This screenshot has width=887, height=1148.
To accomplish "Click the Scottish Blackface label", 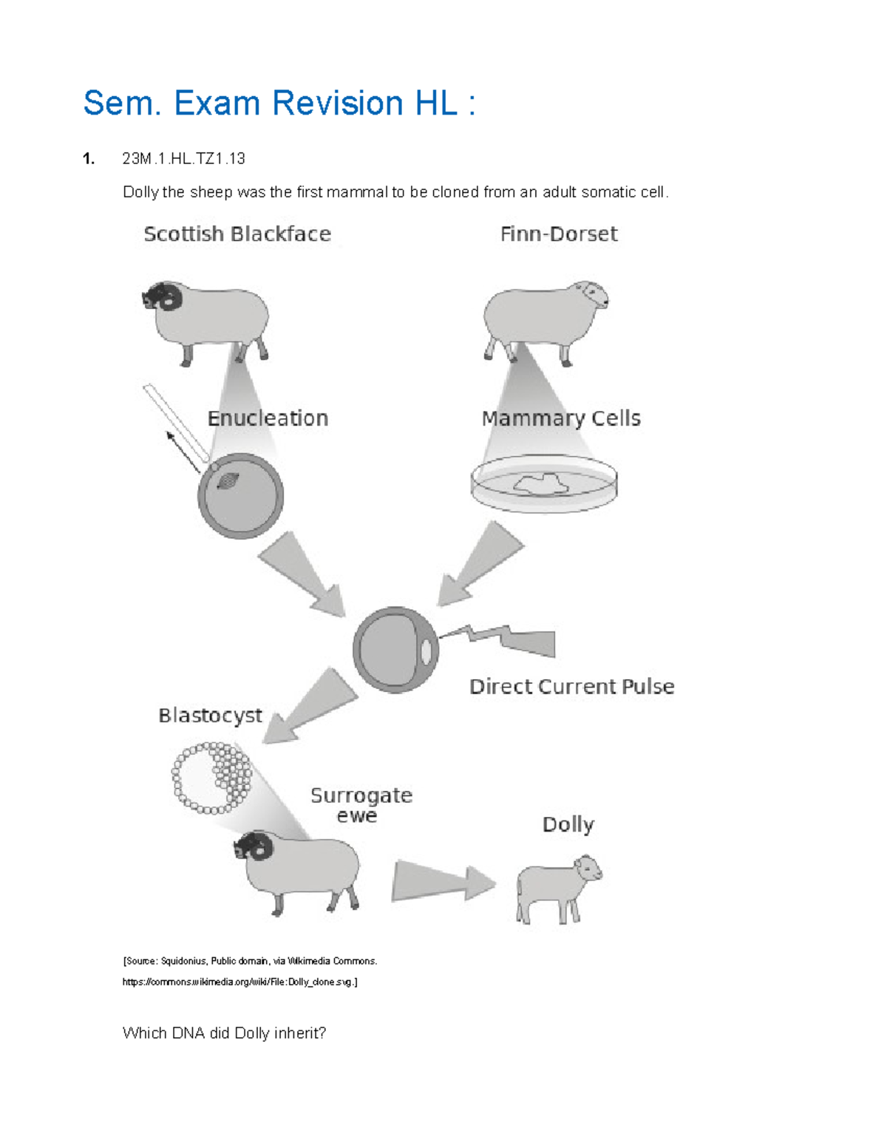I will click(x=237, y=234).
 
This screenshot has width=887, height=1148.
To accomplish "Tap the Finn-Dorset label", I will click(x=558, y=234).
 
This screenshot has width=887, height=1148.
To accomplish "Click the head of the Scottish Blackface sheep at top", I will click(x=162, y=296).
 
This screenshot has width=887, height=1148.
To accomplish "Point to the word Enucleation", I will click(x=268, y=418).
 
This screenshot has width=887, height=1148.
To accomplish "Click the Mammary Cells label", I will click(x=561, y=418).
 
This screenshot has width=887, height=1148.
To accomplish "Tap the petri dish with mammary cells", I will click(x=544, y=484).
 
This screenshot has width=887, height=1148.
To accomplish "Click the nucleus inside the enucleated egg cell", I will click(x=227, y=481).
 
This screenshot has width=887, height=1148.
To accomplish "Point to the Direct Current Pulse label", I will click(x=571, y=687).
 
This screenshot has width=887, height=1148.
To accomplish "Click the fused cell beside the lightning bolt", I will click(x=395, y=650).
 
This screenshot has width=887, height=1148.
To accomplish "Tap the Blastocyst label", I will click(x=210, y=716).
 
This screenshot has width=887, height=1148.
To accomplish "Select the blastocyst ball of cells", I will click(x=212, y=778).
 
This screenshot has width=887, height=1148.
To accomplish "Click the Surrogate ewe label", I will click(x=361, y=805).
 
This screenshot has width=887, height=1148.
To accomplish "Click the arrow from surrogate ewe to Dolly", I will click(x=442, y=880).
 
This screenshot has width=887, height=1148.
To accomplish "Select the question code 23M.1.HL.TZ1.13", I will click(x=183, y=158).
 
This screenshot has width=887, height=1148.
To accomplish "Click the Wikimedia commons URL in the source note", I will click(x=239, y=982).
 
